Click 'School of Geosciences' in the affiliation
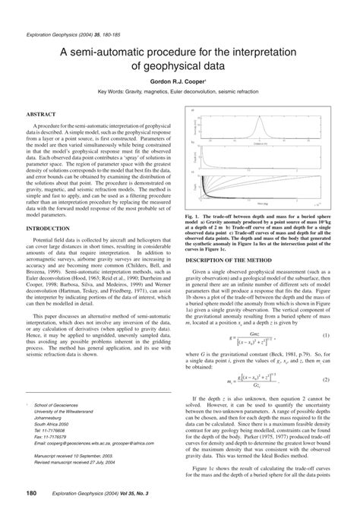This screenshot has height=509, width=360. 59,406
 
